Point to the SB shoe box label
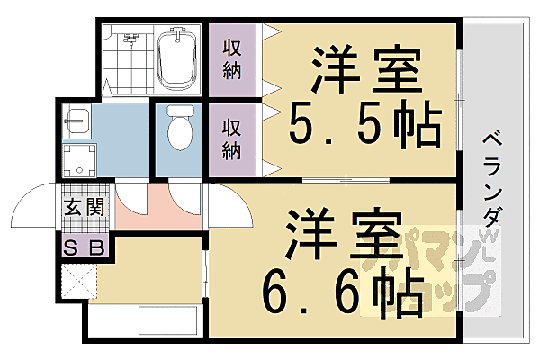pyautogui.click(x=84, y=246)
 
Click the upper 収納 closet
pyautogui.click(x=232, y=58)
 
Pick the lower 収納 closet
pyautogui.click(x=232, y=139)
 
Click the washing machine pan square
pyautogui.click(x=77, y=161)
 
